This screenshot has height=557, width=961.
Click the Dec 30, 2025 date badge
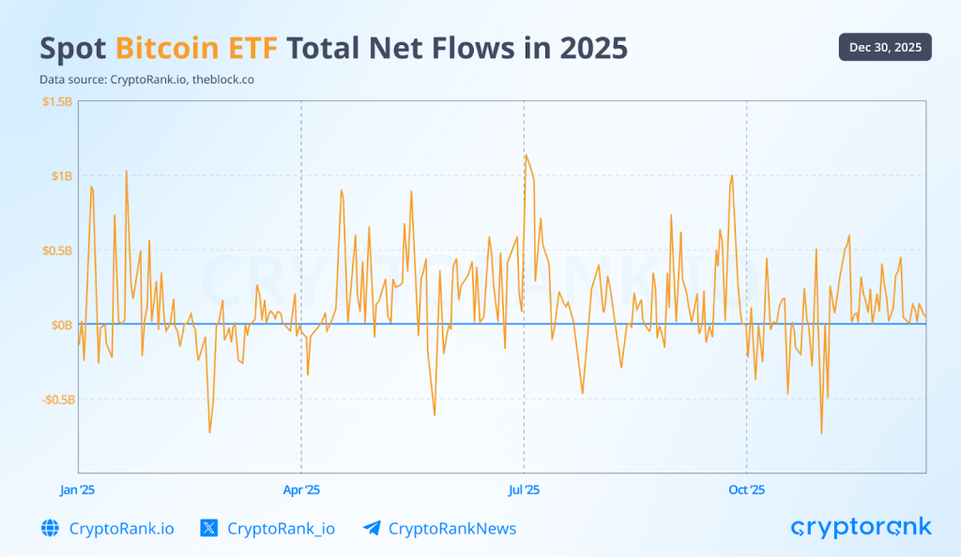pyautogui.click(x=885, y=47)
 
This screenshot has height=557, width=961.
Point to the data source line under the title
pyautogui.click(x=146, y=80)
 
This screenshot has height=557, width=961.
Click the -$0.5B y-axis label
pyautogui.click(x=56, y=399)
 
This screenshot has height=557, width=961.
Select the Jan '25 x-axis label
pyautogui.click(x=78, y=489)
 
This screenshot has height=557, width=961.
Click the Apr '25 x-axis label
pyautogui.click(x=301, y=489)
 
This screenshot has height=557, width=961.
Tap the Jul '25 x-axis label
pyautogui.click(x=524, y=489)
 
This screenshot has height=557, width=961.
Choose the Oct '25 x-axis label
pyautogui.click(x=747, y=489)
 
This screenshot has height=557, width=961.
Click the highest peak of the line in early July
pyautogui.click(x=526, y=156)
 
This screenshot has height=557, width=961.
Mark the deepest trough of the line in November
pyautogui.click(x=821, y=433)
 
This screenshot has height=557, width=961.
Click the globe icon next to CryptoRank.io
pyautogui.click(x=51, y=528)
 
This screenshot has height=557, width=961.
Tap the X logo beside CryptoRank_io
pyautogui.click(x=209, y=528)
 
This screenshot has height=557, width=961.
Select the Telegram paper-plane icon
pyautogui.click(x=372, y=528)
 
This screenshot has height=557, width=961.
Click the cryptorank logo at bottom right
pyautogui.click(x=861, y=527)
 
